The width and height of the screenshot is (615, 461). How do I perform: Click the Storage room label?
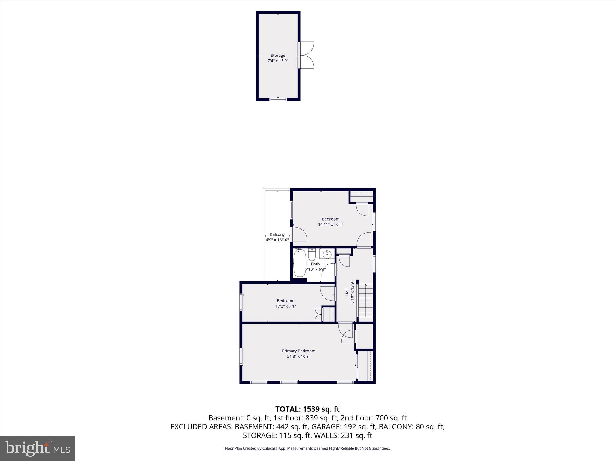pos(278,55)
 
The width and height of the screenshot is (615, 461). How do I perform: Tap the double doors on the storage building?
pos(306,56)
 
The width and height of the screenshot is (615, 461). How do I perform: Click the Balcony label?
pos(277,234)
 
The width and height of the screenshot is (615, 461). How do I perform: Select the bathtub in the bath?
pos(299,263)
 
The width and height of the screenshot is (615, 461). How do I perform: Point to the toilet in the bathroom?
pos(312,255)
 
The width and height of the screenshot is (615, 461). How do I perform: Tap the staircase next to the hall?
pos(365,300)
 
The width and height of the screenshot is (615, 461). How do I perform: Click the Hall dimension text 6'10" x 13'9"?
pos(353,292)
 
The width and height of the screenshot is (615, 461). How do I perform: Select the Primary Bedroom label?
pos(298,351)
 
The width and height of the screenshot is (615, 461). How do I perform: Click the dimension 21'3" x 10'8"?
pos(298,357)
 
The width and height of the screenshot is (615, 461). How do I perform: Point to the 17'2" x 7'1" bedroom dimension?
pos(286,306)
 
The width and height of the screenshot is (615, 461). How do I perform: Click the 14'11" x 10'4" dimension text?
pos(330,224)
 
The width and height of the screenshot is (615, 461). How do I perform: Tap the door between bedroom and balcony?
pos(299,235)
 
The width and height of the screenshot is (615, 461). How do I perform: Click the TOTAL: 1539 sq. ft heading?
pos(307,409)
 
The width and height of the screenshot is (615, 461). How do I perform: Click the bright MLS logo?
pos(38,448)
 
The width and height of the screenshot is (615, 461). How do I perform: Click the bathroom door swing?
pos(330,269)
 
